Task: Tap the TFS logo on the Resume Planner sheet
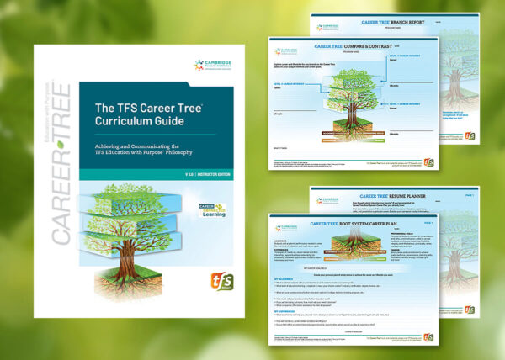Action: pyautogui.click(x=469, y=311)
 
